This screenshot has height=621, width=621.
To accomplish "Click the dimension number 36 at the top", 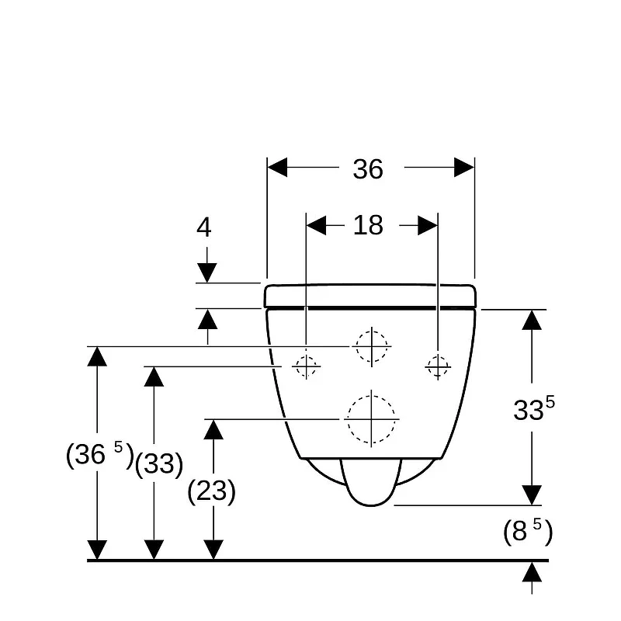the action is [x=368, y=169].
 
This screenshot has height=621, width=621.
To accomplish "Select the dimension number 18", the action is [x=368, y=225].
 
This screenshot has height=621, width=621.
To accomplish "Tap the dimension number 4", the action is [x=204, y=227].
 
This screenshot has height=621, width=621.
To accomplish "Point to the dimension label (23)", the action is [x=211, y=491].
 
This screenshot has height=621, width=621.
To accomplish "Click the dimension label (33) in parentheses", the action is [x=159, y=463].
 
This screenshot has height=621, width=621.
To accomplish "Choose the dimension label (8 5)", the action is [x=528, y=531].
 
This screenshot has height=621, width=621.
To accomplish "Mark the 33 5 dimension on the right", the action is [x=534, y=409].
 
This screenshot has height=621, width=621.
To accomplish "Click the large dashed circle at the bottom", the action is [x=372, y=419].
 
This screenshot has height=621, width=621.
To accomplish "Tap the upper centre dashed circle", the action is [x=372, y=346].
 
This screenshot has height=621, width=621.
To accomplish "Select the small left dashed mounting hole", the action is [x=306, y=366].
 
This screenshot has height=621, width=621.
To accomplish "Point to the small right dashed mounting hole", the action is [x=438, y=366].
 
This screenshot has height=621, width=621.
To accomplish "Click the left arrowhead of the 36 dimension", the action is [x=277, y=167].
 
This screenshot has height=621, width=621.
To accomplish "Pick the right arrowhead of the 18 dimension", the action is [x=428, y=225].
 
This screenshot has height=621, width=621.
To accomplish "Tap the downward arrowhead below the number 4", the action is [x=206, y=273].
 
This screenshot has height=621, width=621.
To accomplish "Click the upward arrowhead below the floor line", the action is [x=532, y=572].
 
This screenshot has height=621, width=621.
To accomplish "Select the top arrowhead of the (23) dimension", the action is [x=213, y=429].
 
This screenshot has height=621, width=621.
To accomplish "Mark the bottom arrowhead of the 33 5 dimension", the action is [x=532, y=495].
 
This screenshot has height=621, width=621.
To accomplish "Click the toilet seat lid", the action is [x=370, y=296].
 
